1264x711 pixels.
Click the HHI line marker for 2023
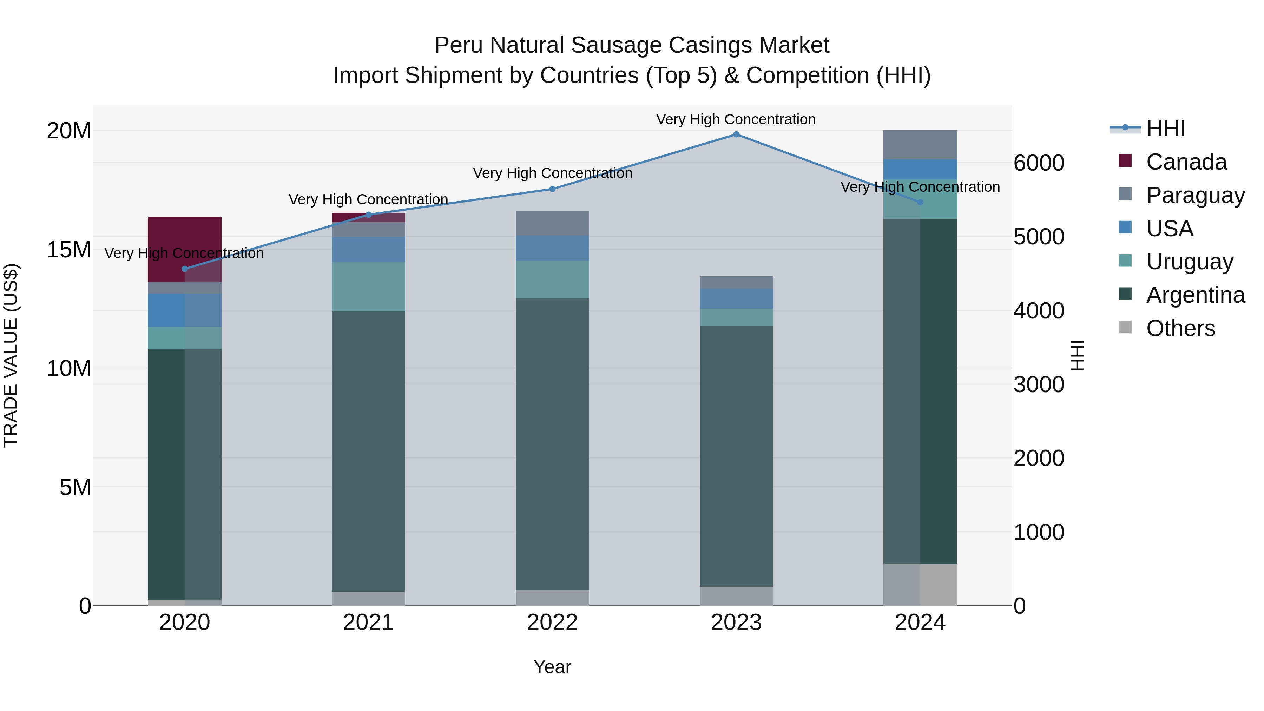[736, 134]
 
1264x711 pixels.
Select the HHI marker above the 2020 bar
[184, 269]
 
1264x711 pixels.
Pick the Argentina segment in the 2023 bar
[736, 456]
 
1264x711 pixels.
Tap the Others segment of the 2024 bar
[920, 585]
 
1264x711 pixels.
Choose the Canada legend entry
[1186, 162]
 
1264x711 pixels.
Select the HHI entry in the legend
[1165, 129]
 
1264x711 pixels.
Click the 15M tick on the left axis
[69, 250]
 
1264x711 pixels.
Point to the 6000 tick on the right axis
[1039, 163]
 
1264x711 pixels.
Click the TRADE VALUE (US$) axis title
[11, 356]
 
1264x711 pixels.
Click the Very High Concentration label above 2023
[736, 119]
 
